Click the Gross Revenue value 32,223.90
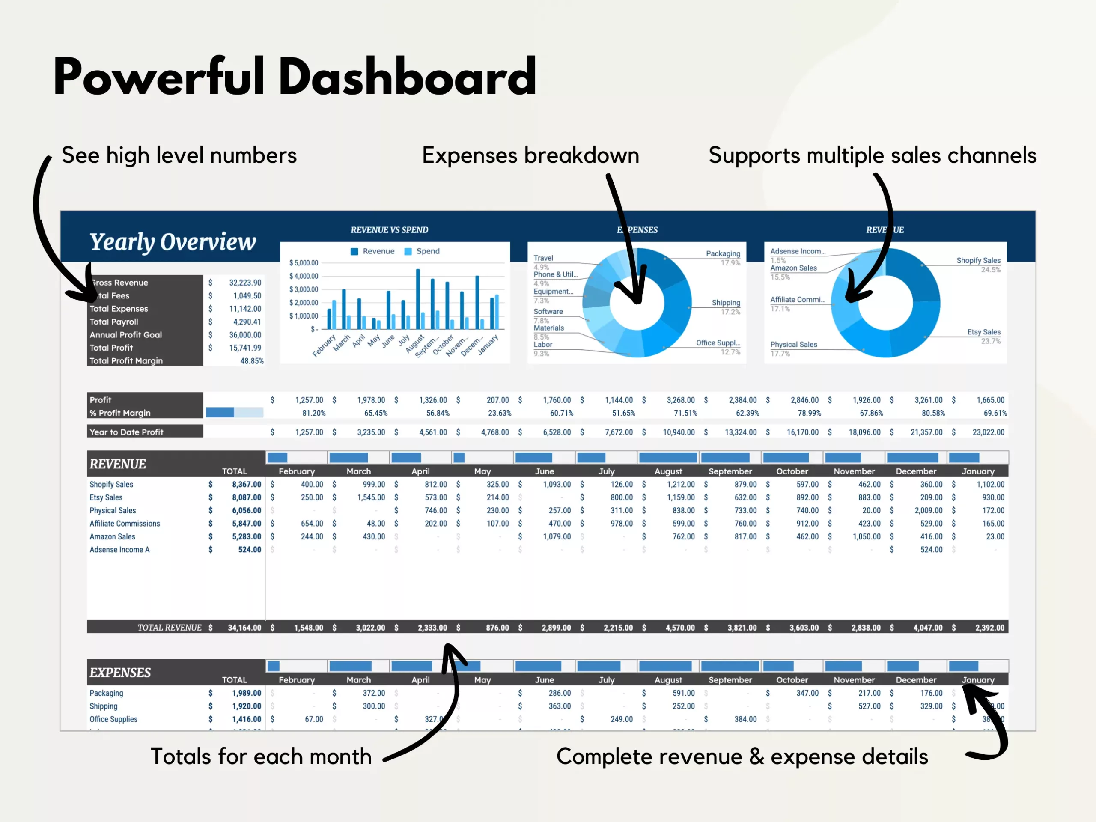(x=245, y=283)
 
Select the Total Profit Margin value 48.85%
(x=252, y=361)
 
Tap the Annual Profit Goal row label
(x=126, y=335)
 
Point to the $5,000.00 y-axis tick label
(x=304, y=263)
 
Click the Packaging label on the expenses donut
(x=723, y=254)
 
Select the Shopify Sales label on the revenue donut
(x=978, y=261)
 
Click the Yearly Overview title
(x=173, y=242)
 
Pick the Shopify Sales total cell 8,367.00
(x=246, y=485)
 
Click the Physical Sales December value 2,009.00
(x=928, y=511)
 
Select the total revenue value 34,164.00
(x=244, y=628)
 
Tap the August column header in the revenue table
(x=668, y=471)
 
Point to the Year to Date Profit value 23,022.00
(x=988, y=432)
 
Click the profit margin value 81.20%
(x=314, y=413)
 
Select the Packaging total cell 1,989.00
(x=246, y=693)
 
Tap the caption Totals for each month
(x=261, y=756)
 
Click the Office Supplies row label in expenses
(x=113, y=719)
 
